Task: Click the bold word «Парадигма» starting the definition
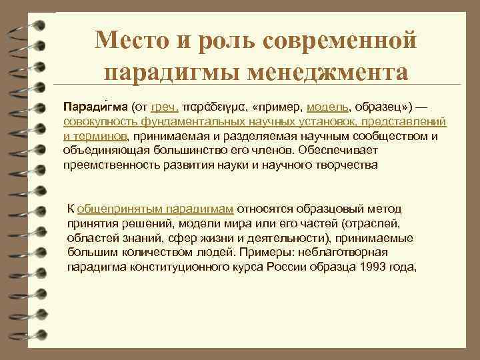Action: pyautogui.click(x=95, y=107)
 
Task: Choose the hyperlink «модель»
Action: pyautogui.click(x=327, y=107)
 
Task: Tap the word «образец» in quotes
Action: pyautogui.click(x=383, y=107)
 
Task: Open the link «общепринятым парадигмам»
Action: pyautogui.click(x=155, y=209)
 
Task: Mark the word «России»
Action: pyautogui.click(x=298, y=267)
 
